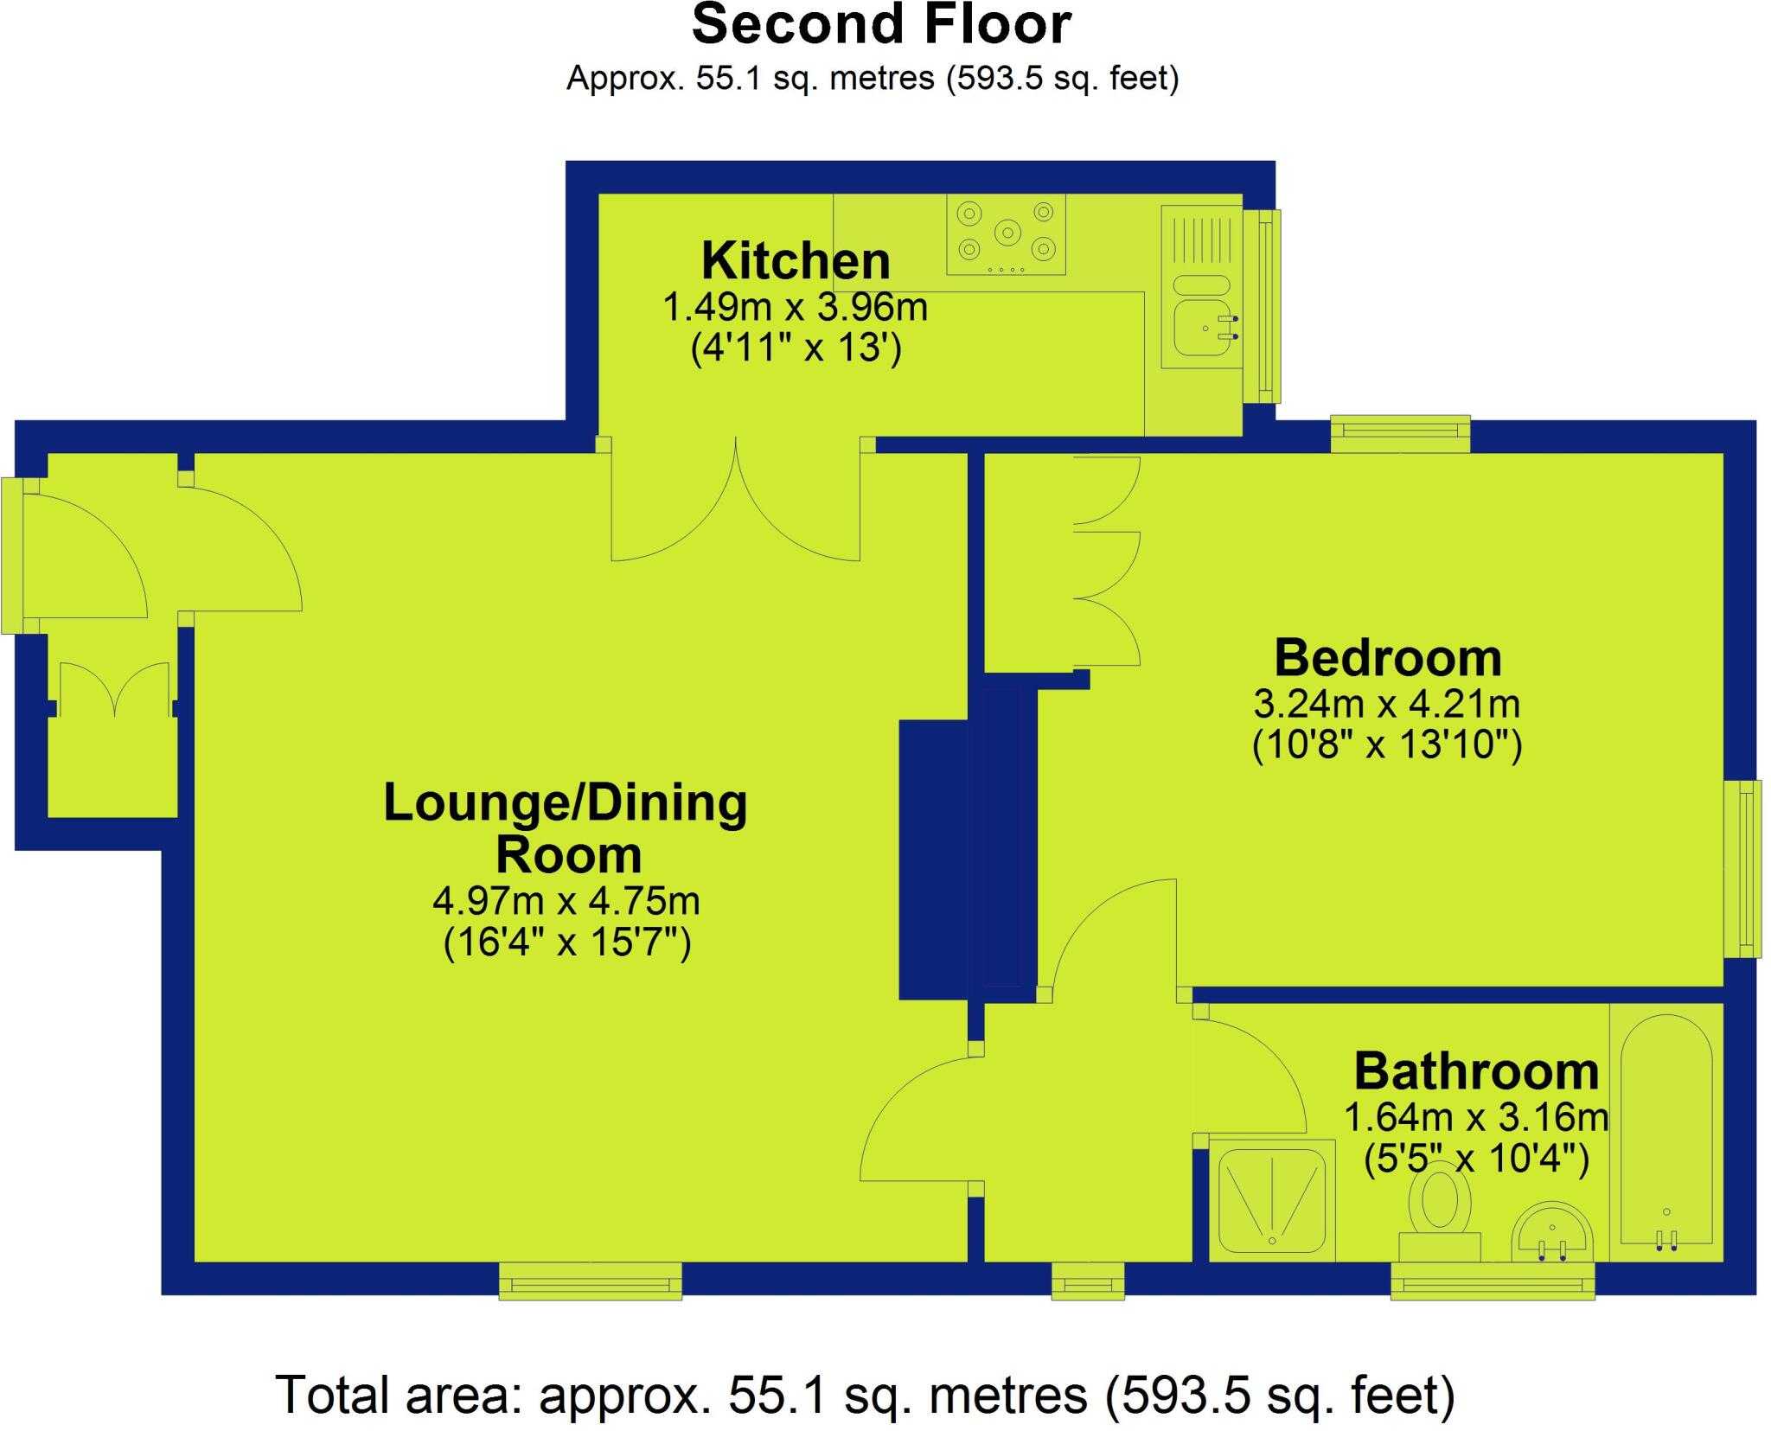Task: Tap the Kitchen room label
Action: [x=796, y=261]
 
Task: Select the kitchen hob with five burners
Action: [x=1006, y=233]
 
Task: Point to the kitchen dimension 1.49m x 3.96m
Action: [x=796, y=308]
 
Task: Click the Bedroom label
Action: [x=1387, y=658]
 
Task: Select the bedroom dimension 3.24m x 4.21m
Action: [x=1387, y=705]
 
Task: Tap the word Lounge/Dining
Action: [x=565, y=802]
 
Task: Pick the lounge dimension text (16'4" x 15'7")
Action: [x=566, y=942]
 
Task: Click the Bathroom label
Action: [x=1476, y=1071]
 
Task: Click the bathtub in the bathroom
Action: [x=1666, y=1133]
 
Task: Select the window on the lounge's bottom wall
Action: [x=590, y=1281]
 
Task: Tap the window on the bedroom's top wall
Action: [x=1400, y=433]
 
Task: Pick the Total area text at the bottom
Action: [x=865, y=1395]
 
